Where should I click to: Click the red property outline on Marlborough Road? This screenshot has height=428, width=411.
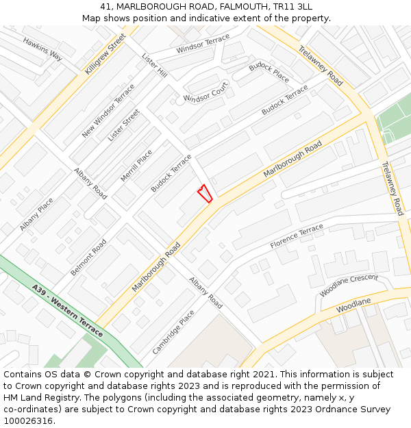coord(204,193)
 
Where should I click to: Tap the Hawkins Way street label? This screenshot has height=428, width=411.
coord(42,49)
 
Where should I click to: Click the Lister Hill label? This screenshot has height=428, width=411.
coord(154,66)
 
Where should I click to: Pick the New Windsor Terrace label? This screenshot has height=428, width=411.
coord(108,110)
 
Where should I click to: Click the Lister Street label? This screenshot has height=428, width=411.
coord(123,125)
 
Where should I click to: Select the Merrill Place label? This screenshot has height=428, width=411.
coord(136,166)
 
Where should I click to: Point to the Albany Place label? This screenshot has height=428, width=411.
coord(37,214)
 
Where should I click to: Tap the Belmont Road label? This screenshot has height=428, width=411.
coord(89,257)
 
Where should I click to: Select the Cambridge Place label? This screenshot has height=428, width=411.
coord(173,331)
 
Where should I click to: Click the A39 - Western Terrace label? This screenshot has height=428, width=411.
coord(67,311)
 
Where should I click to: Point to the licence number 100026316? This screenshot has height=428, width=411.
coord(29,420)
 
